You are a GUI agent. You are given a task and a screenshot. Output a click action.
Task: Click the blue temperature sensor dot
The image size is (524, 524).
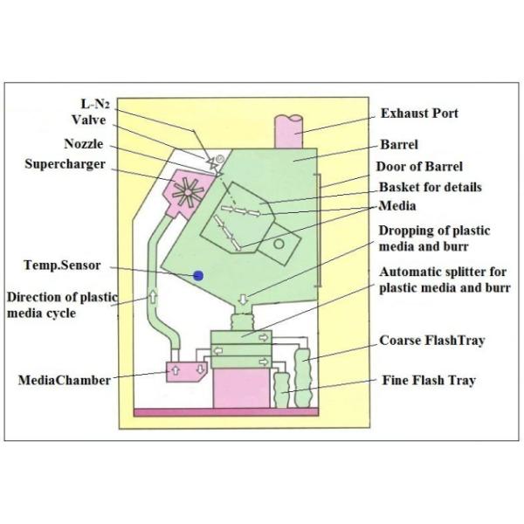coord(198,275)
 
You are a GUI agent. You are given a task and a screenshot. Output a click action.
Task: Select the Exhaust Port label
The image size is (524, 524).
coord(419,114)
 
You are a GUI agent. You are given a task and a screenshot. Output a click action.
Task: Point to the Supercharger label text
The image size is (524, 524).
coord(65,164)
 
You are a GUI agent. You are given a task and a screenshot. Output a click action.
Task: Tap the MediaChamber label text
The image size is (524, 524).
coord(65,380)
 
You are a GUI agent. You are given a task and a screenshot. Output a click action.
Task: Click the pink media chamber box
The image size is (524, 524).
coord(187,371)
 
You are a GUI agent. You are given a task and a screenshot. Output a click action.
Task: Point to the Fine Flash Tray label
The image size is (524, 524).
coord(429,381)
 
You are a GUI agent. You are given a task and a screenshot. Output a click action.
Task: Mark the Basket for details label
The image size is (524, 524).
coord(431,187)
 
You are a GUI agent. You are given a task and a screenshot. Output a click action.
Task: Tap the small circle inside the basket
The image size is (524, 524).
coord(279,245)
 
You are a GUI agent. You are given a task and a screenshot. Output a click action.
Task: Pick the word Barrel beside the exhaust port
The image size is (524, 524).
coord(399,145)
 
